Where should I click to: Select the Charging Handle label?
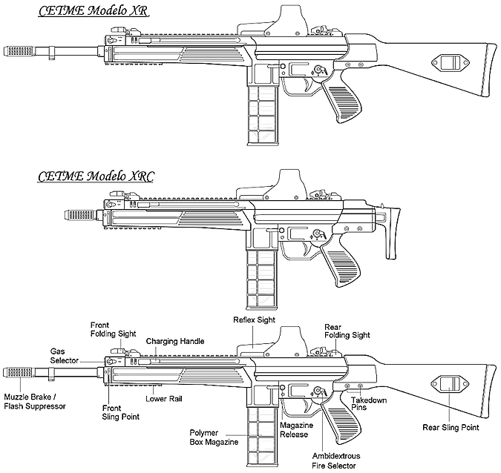click(x=175, y=341)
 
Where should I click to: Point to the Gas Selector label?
click(x=65, y=354)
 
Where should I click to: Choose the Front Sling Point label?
click(x=120, y=411)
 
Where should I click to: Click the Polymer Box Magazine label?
click(x=214, y=437)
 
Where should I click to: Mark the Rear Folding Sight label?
click(x=347, y=331)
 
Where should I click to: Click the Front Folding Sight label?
click(x=113, y=329)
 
